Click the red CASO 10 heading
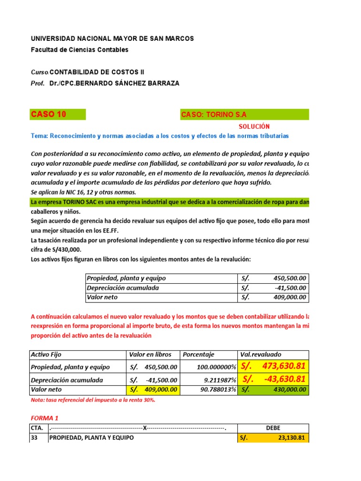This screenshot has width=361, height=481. click(48, 115)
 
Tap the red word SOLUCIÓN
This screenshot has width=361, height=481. click(254, 126)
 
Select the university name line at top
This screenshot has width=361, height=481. click(112, 39)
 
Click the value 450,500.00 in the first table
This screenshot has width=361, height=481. click(289, 278)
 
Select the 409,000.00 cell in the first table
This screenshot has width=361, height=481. click(289, 297)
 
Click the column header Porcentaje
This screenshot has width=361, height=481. click(198, 355)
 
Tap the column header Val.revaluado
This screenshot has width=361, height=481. click(260, 355)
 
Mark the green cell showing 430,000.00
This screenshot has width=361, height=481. click(273, 390)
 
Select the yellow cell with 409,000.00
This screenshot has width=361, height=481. click(153, 390)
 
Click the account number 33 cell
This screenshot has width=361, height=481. click(35, 438)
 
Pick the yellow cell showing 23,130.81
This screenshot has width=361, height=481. click(273, 438)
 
